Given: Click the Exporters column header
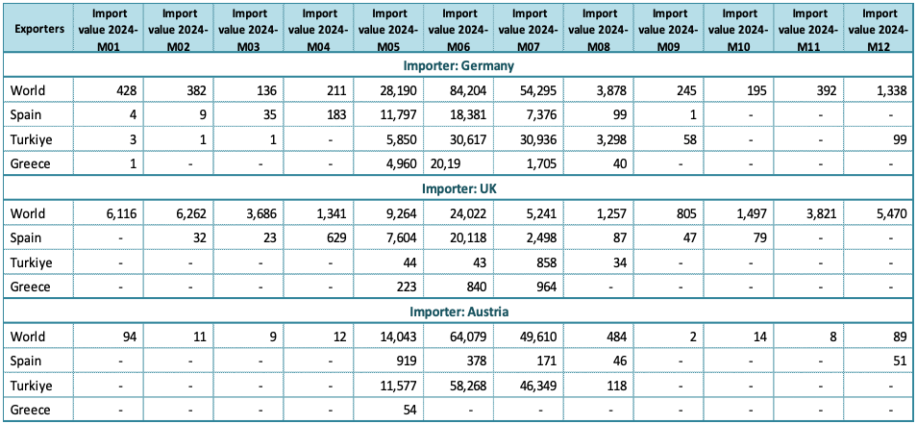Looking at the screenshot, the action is [x=39, y=29].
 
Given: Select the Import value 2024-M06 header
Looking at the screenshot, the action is [x=459, y=29].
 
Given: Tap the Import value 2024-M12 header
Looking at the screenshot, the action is [x=880, y=29].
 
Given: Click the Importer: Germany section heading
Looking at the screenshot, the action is [x=458, y=65].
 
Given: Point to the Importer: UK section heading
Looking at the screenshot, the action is [x=458, y=188].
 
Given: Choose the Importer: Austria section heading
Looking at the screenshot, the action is [x=458, y=312].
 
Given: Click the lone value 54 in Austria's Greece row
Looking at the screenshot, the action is [x=410, y=410].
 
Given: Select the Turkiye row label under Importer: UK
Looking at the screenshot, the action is [x=31, y=262].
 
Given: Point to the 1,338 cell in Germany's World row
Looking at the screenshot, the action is [x=891, y=90].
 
